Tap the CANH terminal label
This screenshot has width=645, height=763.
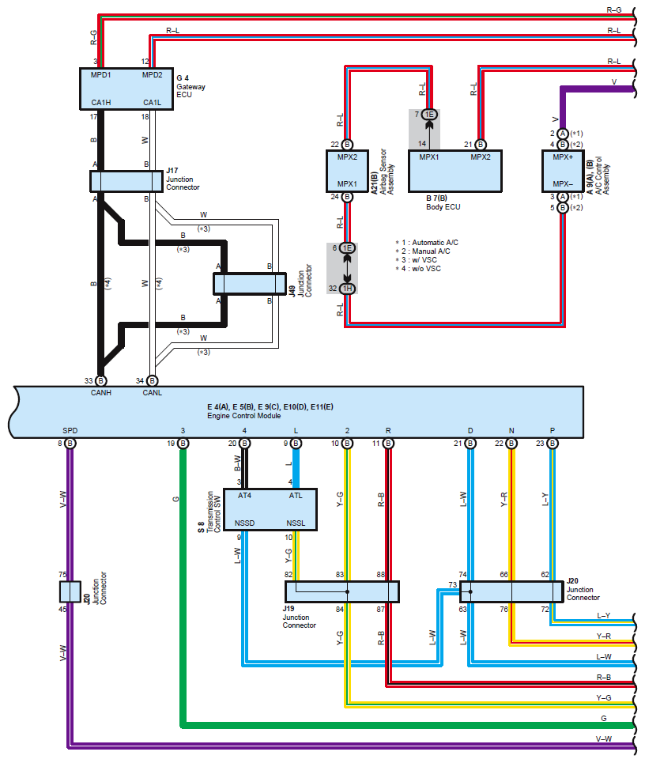tap(101, 393)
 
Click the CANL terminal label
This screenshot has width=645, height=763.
tap(153, 393)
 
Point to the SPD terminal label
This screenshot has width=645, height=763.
tap(70, 431)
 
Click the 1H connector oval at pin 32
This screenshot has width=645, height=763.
tap(347, 289)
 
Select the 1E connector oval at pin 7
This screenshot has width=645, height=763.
tap(429, 115)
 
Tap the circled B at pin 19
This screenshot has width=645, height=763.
tap(183, 444)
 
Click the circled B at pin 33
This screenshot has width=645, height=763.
tap(100, 380)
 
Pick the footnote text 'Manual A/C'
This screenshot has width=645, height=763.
tap(431, 251)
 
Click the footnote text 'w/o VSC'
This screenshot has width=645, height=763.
tap(427, 269)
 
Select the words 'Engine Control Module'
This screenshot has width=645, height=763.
tap(243, 416)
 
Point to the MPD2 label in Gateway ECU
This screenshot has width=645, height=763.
tap(153, 75)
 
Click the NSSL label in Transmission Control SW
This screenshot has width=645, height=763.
tap(296, 523)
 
